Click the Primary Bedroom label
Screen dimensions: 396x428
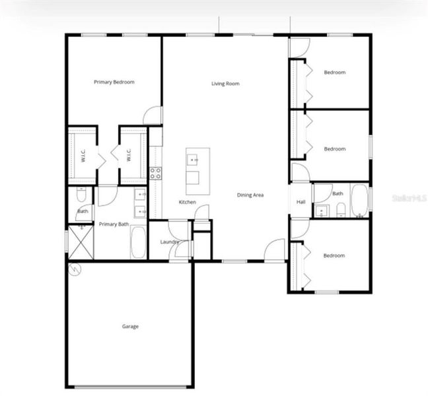tap(114, 82)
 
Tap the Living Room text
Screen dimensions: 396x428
tap(225, 84)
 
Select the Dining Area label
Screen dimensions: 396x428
tap(251, 195)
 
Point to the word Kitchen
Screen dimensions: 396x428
tap(187, 202)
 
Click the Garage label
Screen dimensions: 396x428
tap(129, 326)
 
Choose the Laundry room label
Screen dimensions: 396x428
tap(170, 242)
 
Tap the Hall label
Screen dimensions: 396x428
tap(301, 202)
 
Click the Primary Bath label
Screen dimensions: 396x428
tap(114, 224)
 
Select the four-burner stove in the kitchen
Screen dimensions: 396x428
tap(156, 174)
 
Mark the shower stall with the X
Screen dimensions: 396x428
tap(81, 242)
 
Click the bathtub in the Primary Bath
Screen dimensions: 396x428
tap(139, 243)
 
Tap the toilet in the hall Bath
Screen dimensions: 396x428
tap(340, 210)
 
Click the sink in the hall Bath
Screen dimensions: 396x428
tap(322, 211)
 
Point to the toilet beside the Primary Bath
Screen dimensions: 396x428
tap(81, 195)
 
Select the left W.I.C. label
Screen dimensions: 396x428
tap(83, 156)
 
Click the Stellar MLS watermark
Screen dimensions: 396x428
tap(410, 197)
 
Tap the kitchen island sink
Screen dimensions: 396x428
tap(194, 160)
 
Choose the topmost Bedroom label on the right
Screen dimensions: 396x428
tap(334, 73)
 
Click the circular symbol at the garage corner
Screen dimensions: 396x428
tap(74, 268)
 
